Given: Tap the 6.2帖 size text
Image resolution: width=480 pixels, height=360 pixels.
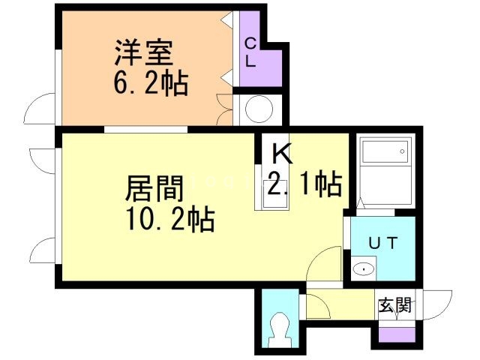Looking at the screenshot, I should point(150,80).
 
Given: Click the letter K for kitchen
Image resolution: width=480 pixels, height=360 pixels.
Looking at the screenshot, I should point(281,154).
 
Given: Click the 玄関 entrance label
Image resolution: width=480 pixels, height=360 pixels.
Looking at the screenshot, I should point(394,305).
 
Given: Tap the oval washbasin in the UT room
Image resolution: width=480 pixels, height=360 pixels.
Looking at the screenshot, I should point(364,268).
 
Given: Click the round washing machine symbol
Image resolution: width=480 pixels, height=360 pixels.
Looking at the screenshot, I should point(258,110).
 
